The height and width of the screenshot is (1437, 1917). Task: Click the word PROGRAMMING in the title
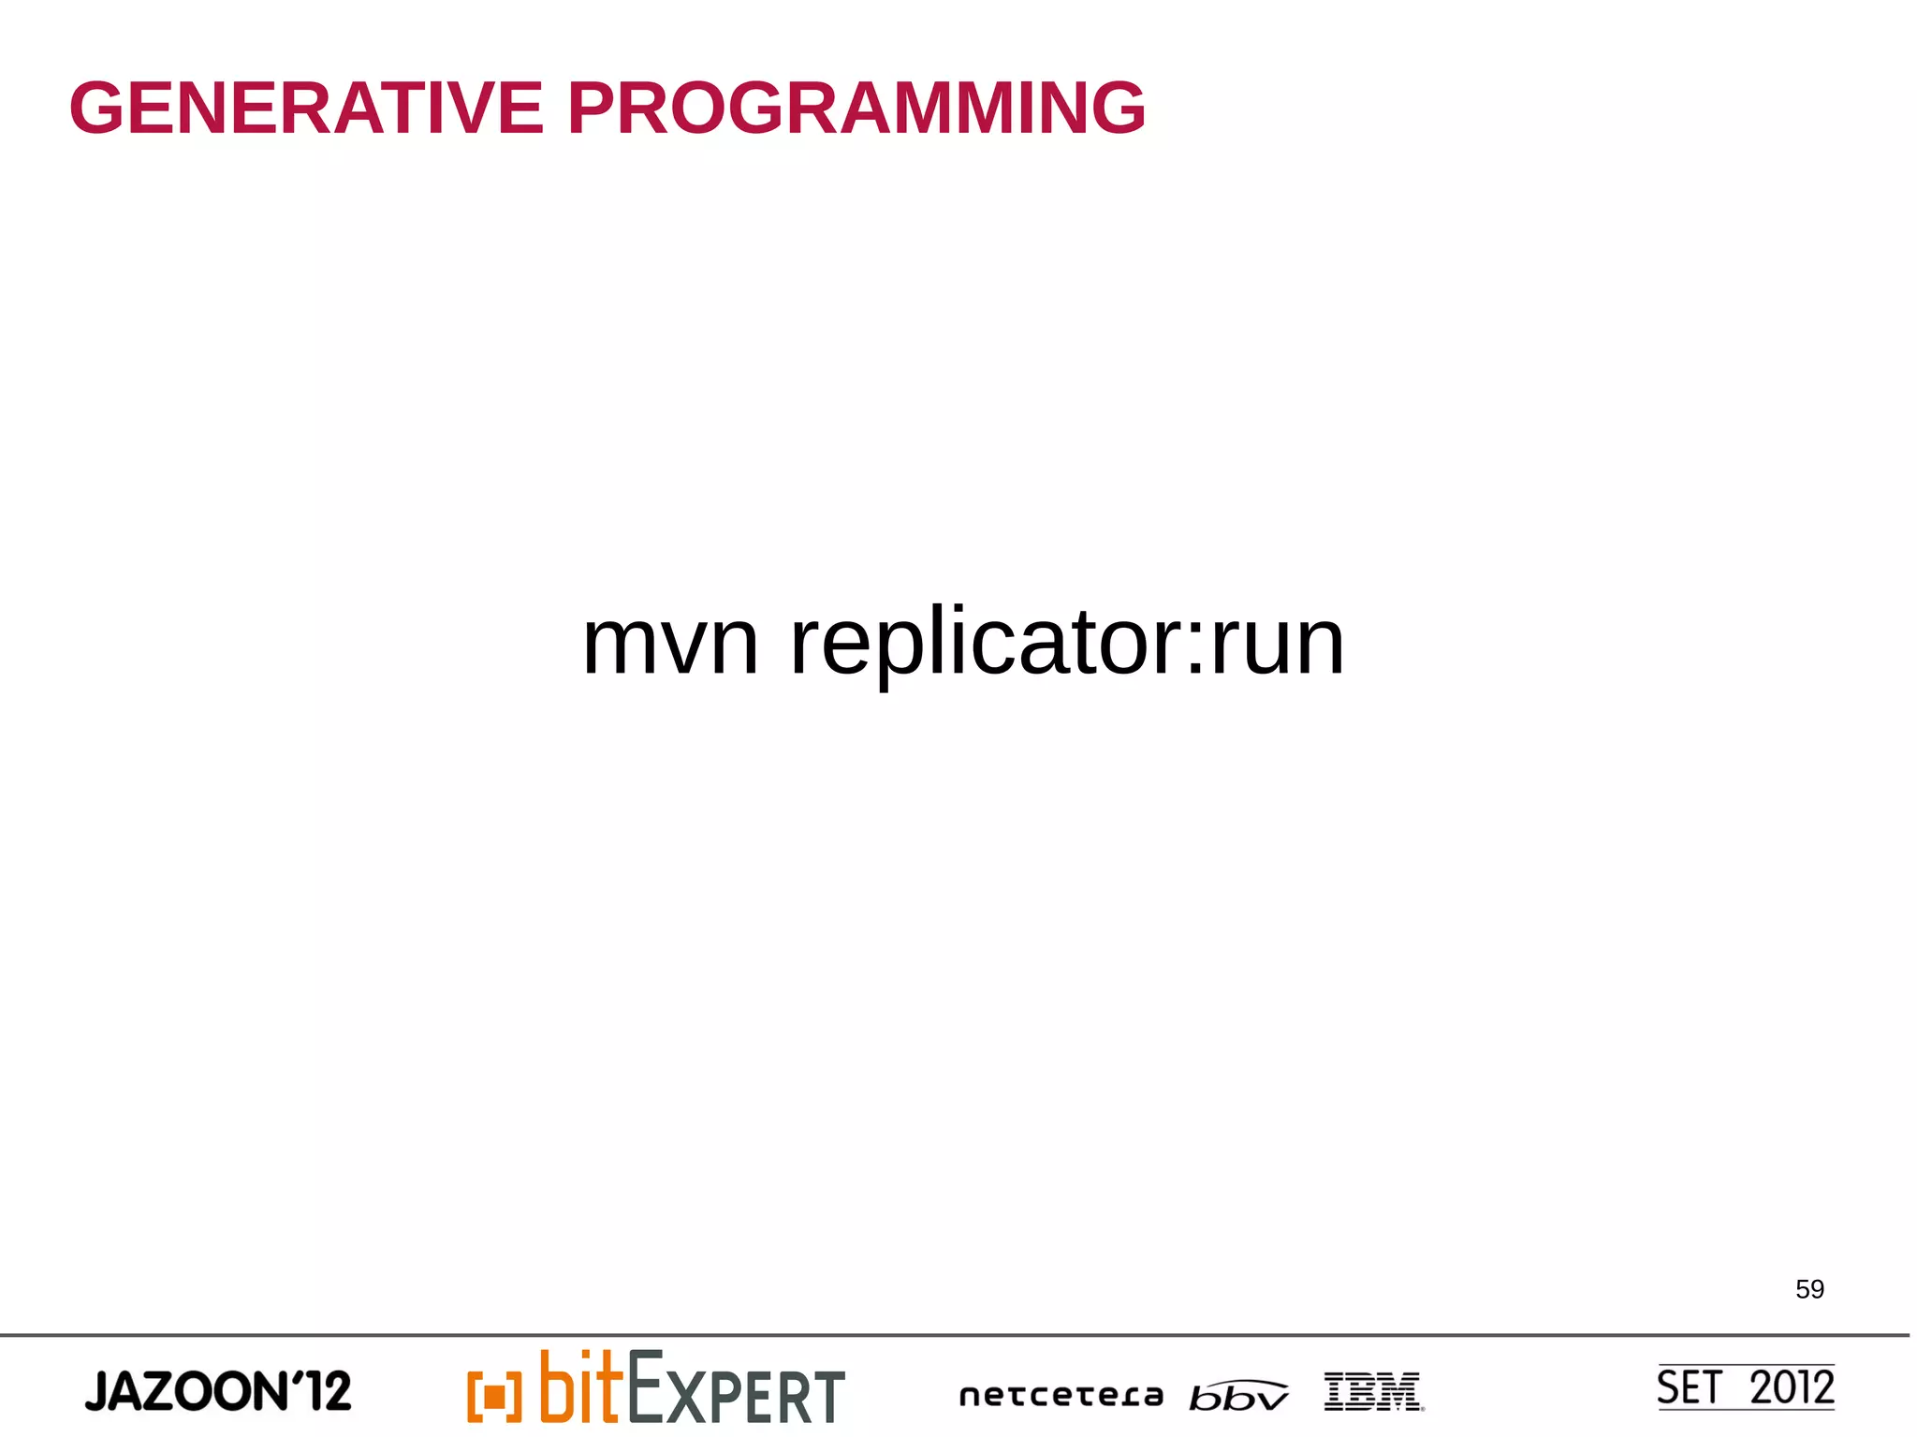[x=856, y=108]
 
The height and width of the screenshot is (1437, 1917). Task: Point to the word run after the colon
[x=1278, y=646]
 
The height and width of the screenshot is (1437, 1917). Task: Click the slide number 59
[x=1809, y=1289]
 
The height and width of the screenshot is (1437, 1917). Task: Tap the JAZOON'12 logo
[x=218, y=1391]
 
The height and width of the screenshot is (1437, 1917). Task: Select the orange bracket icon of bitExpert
[x=494, y=1397]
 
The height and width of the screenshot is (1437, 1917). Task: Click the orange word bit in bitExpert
[x=580, y=1387]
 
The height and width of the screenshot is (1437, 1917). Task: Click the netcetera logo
[x=1061, y=1396]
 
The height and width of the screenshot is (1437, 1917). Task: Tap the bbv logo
[x=1238, y=1396]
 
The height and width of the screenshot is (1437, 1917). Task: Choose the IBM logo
[x=1373, y=1391]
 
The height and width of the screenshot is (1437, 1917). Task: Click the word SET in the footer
[x=1690, y=1387]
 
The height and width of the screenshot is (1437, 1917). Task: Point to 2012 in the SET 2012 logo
[x=1792, y=1387]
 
